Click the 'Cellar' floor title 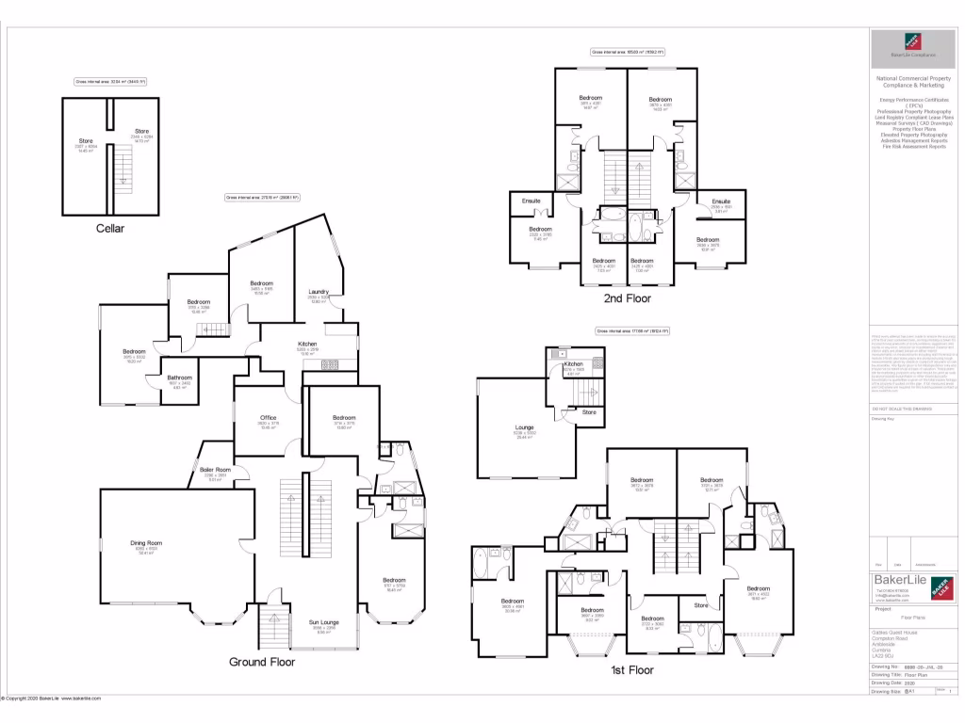point(109,228)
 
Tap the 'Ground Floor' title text point(262,662)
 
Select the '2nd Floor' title point(627,298)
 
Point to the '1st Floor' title point(630,670)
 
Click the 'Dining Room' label point(147,543)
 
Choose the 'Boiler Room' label point(215,470)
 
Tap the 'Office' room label point(268,418)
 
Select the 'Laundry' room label point(319,292)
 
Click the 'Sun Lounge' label point(324,622)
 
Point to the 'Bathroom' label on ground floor point(179,378)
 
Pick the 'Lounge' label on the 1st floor point(524,427)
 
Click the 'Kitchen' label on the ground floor point(307,345)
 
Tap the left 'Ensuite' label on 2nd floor point(532,201)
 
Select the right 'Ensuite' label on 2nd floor point(722,201)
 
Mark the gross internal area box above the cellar point(109,82)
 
